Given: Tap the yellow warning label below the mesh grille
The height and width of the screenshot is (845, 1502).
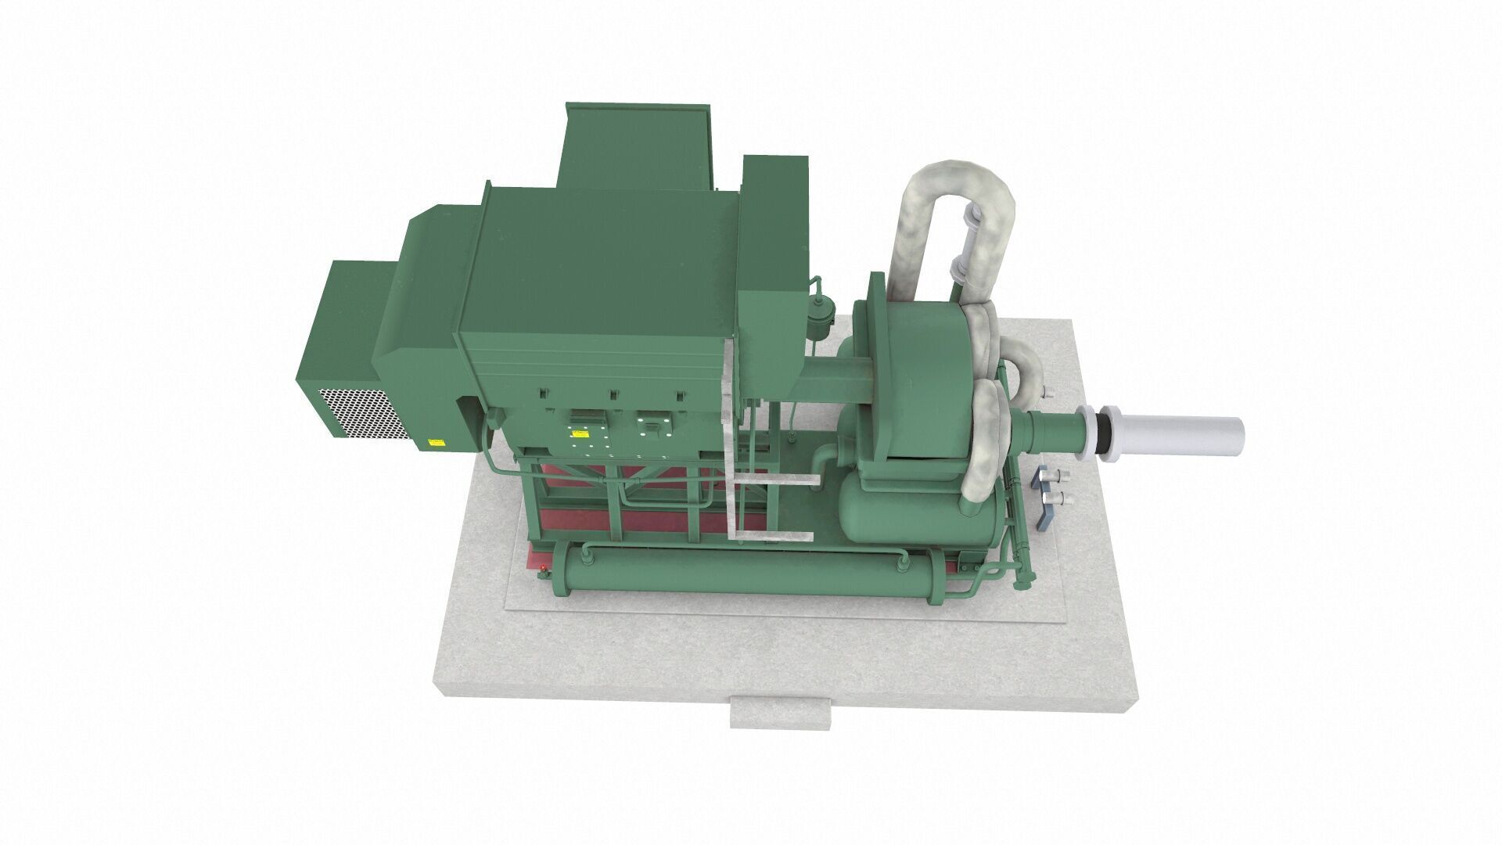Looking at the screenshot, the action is point(434,443).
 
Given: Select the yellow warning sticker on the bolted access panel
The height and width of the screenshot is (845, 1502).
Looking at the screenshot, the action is point(580,431).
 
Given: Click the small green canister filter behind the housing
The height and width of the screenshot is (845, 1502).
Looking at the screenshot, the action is point(819,318).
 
